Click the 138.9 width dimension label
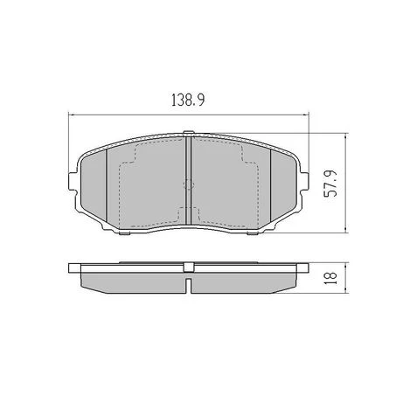point(188,100)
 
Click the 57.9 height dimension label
point(330,184)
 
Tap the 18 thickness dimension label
point(330,278)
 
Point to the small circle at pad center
point(189,184)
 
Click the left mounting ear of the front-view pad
point(73,182)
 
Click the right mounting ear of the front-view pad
point(304,182)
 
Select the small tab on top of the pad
point(189,132)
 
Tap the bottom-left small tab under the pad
point(125,233)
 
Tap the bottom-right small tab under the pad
point(253,233)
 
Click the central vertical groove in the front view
point(188,181)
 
